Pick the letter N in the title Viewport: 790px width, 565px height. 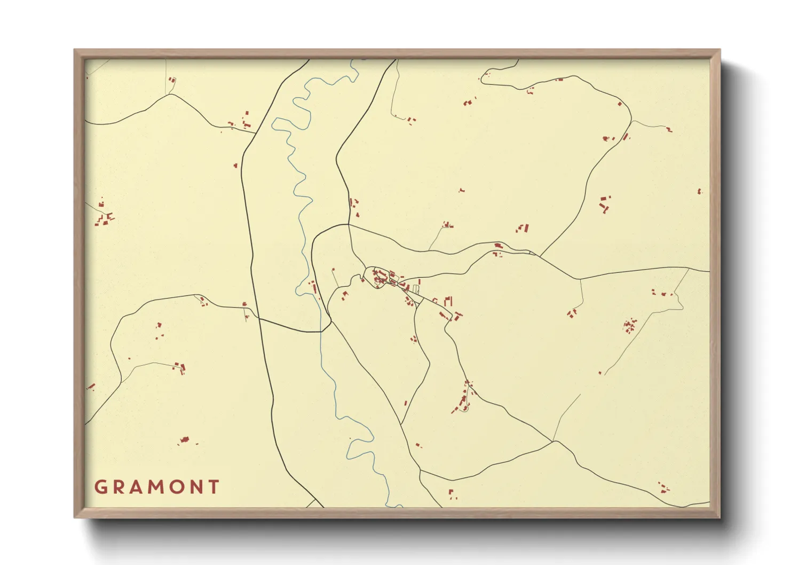point(196,487)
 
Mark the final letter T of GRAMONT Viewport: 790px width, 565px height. point(214,487)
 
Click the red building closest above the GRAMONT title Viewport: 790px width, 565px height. point(184,440)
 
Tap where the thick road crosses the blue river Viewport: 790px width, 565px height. point(321,332)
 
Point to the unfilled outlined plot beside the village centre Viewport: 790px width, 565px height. point(416,289)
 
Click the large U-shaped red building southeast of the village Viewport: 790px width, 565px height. point(448,301)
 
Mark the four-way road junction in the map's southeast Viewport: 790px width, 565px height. point(554,442)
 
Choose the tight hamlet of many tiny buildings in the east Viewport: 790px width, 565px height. point(630,325)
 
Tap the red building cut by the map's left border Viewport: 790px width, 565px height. point(90,387)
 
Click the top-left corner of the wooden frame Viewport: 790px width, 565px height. point(75,50)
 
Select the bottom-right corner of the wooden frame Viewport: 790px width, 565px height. point(720,517)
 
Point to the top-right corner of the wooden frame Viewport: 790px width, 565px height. point(720,50)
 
